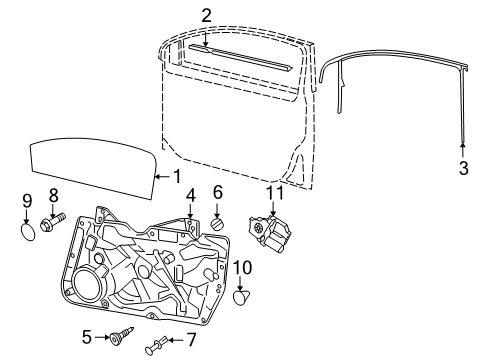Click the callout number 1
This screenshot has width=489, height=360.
(x=178, y=176)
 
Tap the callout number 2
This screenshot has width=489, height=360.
(x=206, y=16)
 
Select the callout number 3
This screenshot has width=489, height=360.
(x=464, y=168)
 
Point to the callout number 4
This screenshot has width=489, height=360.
(x=190, y=196)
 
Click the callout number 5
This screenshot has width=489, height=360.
(x=87, y=337)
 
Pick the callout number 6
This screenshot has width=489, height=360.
(x=217, y=192)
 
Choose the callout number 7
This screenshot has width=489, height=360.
(x=191, y=340)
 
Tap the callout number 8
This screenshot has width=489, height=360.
(x=53, y=195)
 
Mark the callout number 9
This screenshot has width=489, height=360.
(x=27, y=201)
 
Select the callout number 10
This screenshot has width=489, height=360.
(x=242, y=268)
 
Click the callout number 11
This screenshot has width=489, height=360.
(x=275, y=193)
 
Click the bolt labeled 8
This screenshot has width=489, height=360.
(x=53, y=221)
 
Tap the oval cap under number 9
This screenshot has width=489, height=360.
(x=27, y=233)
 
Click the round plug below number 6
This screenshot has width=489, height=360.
(x=218, y=223)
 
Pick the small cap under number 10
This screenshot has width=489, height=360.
(x=242, y=297)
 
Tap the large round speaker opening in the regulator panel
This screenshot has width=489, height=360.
(x=87, y=284)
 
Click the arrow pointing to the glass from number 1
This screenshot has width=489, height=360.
(x=163, y=177)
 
